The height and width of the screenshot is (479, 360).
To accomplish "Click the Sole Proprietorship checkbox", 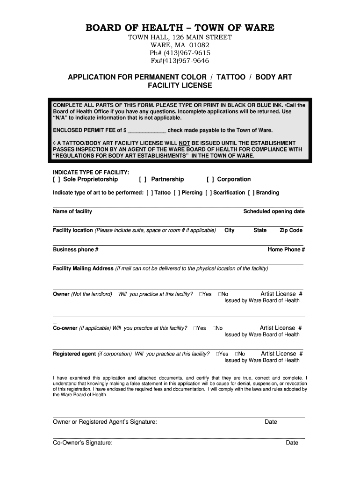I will pos(56,179).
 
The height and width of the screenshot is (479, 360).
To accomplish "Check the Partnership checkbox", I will pos(143,179).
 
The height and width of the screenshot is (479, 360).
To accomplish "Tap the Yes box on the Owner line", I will pos(200,294).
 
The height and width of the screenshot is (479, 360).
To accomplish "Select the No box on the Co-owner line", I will pos(214,328).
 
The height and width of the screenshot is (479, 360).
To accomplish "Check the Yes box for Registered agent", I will pos(217,354).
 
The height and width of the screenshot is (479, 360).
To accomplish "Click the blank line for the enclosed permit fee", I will pos(147,131).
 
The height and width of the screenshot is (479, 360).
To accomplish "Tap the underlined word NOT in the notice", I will pos(184,143).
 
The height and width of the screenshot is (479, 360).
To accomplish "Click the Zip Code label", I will pos(291,230).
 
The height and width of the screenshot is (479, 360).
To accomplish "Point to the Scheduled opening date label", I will pos(274,211).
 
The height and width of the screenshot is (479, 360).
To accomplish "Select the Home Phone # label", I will pos(286,249).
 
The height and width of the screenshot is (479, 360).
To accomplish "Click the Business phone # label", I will pos(76,249).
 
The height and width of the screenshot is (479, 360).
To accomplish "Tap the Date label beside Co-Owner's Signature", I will pos(292,443).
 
